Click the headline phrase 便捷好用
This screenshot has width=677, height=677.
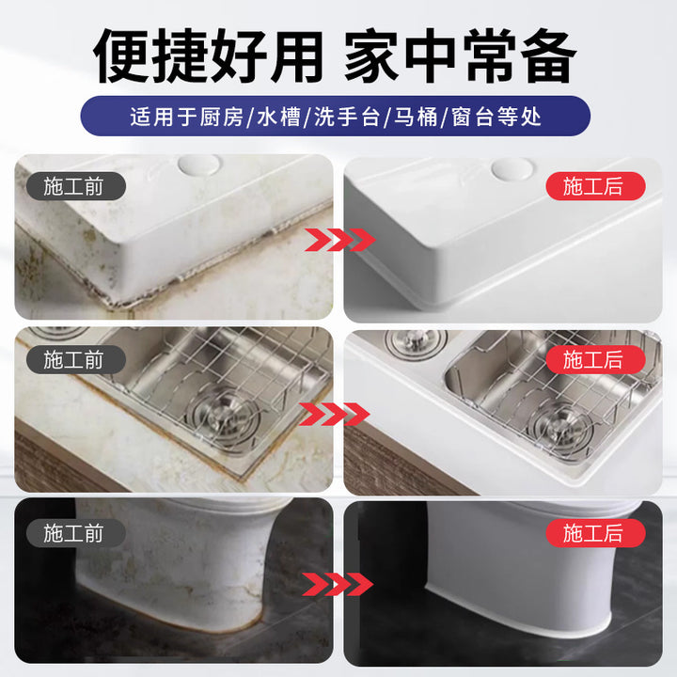[x=209, y=55]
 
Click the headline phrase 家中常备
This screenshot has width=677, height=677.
[x=461, y=55]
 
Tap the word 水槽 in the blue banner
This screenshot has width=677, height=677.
[x=278, y=117]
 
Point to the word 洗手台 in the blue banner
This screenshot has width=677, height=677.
[x=347, y=117]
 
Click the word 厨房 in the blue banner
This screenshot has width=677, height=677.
[x=222, y=117]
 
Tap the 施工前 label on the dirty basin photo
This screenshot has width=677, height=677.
[x=75, y=186]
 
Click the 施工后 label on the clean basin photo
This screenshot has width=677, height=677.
[x=595, y=186]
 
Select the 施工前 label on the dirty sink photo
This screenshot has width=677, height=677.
[x=75, y=359]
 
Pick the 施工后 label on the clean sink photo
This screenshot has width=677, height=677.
[x=595, y=359]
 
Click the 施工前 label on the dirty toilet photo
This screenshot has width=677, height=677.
[x=75, y=533]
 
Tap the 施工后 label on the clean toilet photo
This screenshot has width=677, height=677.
[x=595, y=533]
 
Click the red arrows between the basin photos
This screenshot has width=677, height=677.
[x=339, y=240]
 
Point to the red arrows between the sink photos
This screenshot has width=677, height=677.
[x=334, y=414]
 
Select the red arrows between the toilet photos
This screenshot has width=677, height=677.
[x=338, y=584]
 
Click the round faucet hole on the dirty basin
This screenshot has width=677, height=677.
[x=199, y=165]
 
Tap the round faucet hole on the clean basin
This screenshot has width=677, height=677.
[x=513, y=167]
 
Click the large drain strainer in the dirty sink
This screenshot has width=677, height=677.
[x=221, y=417]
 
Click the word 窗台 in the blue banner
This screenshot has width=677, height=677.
[x=473, y=117]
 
